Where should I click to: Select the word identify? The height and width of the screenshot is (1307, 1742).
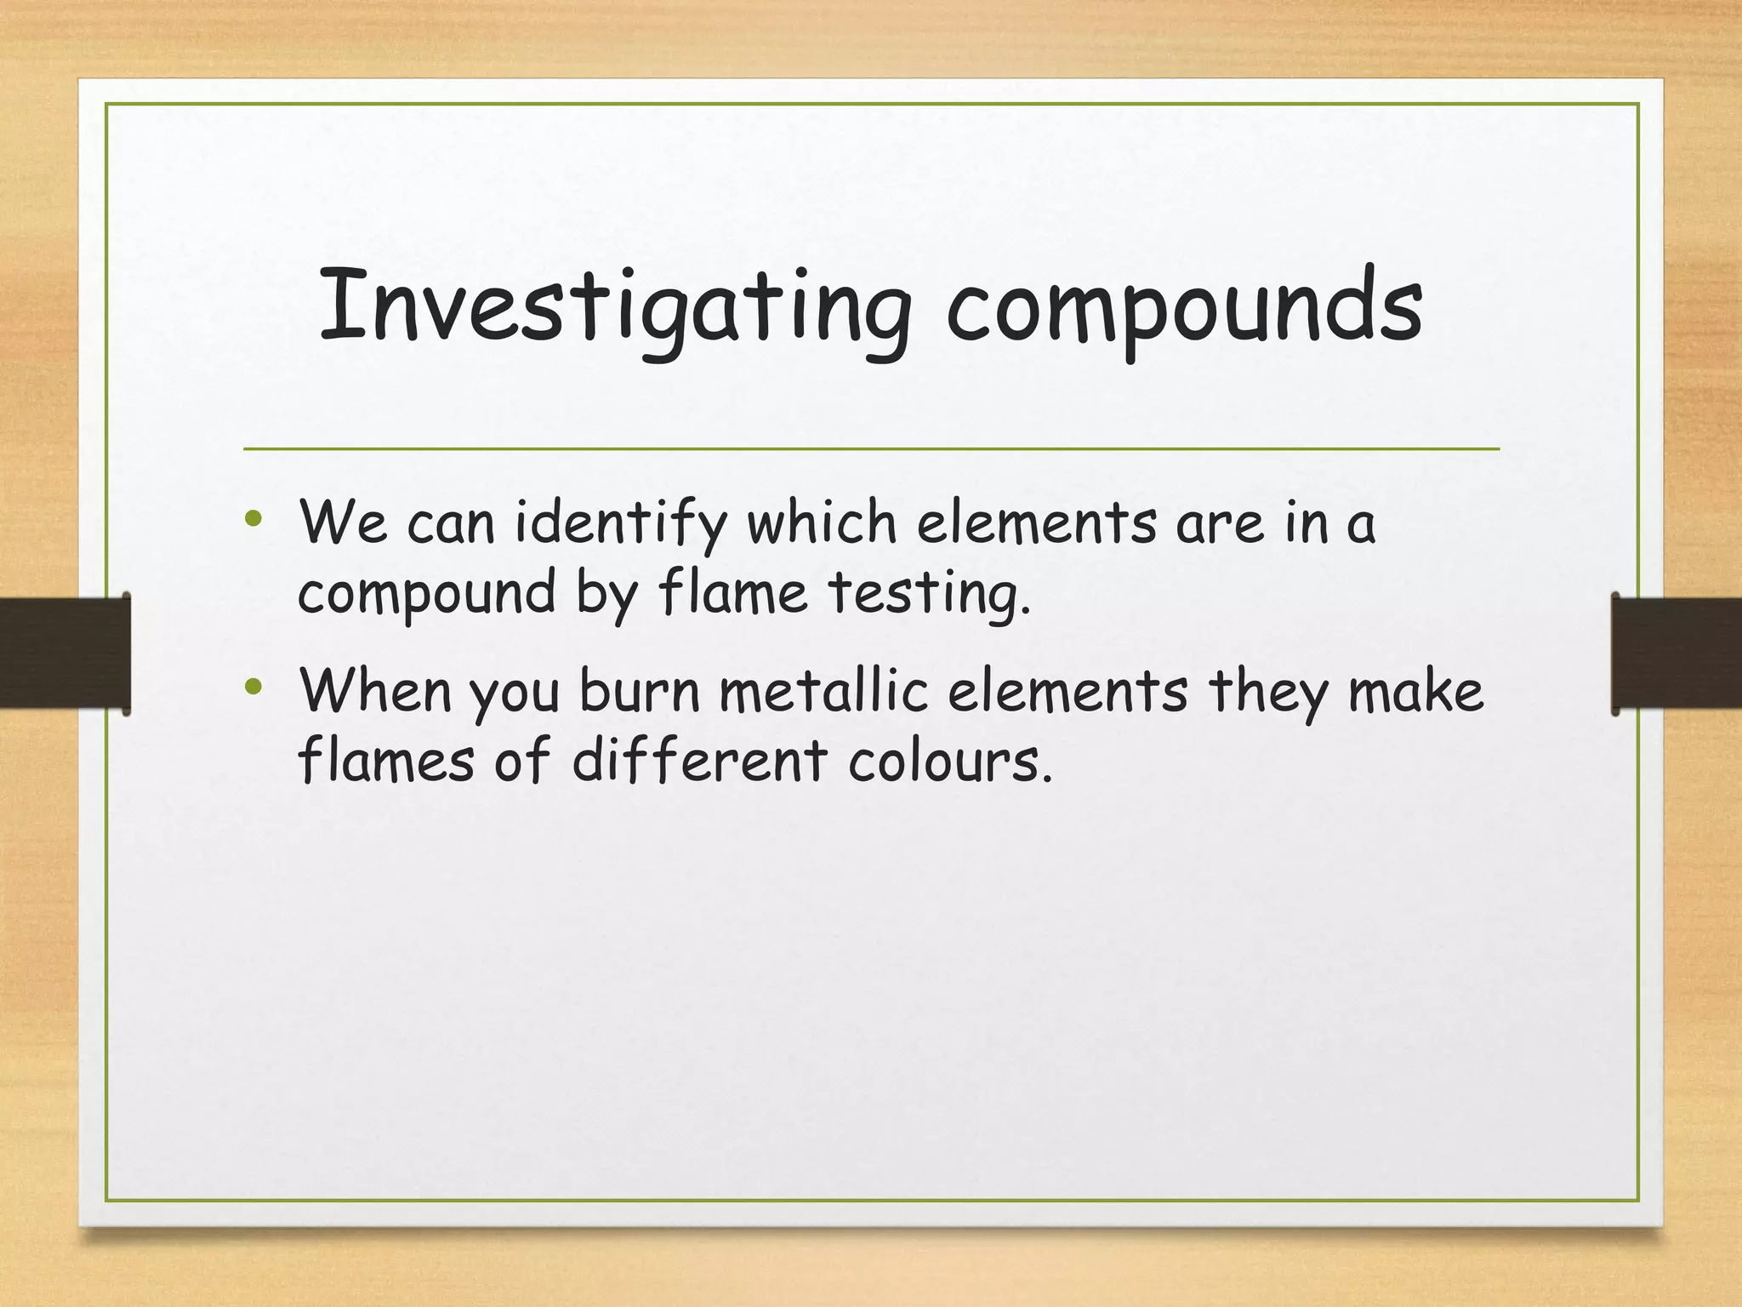pyautogui.click(x=621, y=523)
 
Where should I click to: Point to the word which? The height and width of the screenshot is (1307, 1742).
pyautogui.click(x=821, y=522)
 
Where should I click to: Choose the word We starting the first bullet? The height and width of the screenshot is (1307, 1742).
pyautogui.click(x=343, y=522)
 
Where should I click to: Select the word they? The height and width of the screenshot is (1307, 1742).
pyautogui.click(x=1267, y=692)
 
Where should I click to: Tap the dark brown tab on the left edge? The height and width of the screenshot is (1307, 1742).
pyautogui.click(x=65, y=653)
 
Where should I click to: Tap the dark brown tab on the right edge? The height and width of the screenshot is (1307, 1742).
pyautogui.click(x=1677, y=653)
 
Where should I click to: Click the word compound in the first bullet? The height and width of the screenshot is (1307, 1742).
pyautogui.click(x=426, y=593)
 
